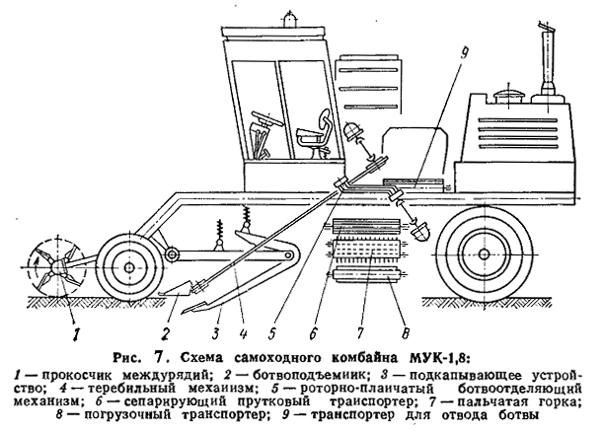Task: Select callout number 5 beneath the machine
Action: coord(272,333)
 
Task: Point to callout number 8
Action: coord(405,331)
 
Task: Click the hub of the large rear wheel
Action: coord(484,253)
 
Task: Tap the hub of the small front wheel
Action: coord(128,266)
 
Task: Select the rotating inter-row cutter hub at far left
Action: coord(57,266)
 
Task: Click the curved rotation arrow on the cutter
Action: coord(38,266)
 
